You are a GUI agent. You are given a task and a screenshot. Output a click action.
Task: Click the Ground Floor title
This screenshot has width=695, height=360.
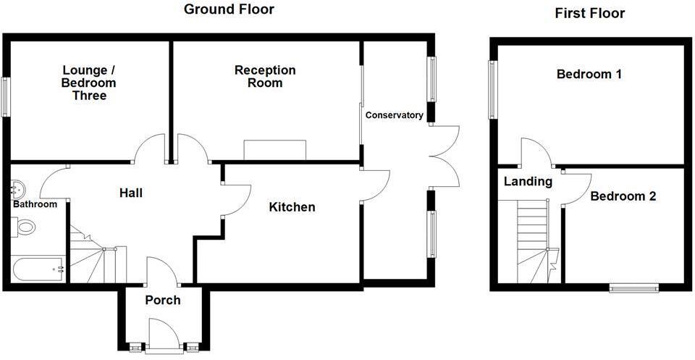[229, 9]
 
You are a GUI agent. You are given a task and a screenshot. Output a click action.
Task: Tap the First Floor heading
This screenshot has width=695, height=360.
[589, 13]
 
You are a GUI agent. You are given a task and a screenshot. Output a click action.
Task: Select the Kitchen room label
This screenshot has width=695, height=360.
[292, 208]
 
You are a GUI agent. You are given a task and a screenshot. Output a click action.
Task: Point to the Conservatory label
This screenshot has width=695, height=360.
[394, 115]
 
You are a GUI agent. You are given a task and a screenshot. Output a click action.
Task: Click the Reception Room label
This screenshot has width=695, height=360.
[265, 76]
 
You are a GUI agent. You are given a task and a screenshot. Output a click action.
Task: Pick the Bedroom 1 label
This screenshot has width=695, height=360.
[589, 74]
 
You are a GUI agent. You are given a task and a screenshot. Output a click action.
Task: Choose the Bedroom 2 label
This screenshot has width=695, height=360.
[623, 196]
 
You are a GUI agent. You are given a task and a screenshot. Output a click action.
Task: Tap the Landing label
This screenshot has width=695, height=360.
[528, 182]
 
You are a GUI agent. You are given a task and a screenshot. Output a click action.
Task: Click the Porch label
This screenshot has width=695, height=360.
[163, 300]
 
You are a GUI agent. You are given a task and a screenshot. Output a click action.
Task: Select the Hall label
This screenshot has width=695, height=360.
[130, 193]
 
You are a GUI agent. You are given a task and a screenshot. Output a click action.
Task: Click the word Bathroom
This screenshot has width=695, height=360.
[35, 204]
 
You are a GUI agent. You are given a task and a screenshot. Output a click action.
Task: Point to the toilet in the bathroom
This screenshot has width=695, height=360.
[25, 227]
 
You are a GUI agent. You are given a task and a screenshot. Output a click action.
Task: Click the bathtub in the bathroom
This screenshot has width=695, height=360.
[38, 270]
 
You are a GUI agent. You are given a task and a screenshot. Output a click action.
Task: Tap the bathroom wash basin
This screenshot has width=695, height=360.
[17, 190]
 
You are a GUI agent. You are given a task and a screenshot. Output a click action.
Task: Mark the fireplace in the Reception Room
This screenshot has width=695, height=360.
[275, 150]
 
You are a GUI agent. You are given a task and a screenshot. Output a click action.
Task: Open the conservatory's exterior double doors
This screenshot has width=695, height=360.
[445, 156]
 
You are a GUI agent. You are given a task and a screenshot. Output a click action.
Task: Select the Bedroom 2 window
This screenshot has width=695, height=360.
[633, 288]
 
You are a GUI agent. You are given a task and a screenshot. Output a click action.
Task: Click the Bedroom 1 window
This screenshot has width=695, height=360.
[492, 89]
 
